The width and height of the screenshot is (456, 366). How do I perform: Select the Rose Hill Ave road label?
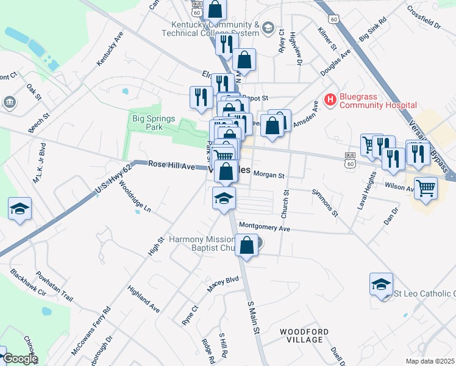point(171,166)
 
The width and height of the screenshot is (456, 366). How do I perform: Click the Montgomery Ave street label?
point(265,228)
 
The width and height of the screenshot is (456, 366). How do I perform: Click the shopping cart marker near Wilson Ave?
point(425,187)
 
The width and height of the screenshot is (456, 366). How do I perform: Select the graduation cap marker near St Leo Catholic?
point(381,284)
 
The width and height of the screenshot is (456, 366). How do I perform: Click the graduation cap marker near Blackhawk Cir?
point(20,209)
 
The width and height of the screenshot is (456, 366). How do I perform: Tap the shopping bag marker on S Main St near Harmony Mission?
point(246,246)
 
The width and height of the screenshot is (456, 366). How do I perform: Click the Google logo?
point(20,359)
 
